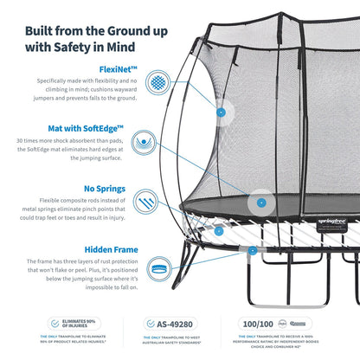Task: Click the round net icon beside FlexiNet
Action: point(158,82)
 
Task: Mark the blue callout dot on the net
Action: point(222,112)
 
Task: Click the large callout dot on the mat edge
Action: point(259,203)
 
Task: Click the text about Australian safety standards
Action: point(179,340)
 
